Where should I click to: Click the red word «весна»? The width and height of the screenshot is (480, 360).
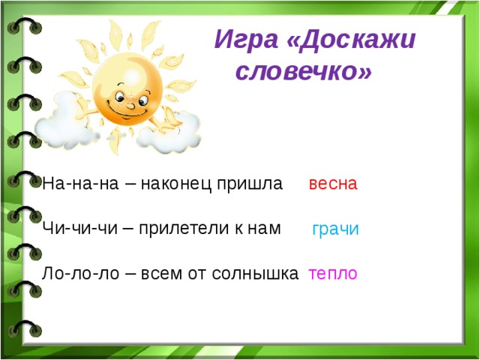point(333,184)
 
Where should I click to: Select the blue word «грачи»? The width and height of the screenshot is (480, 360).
point(335,229)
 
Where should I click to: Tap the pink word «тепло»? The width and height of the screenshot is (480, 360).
point(332,274)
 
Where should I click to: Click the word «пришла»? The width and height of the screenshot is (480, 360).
point(253,184)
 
